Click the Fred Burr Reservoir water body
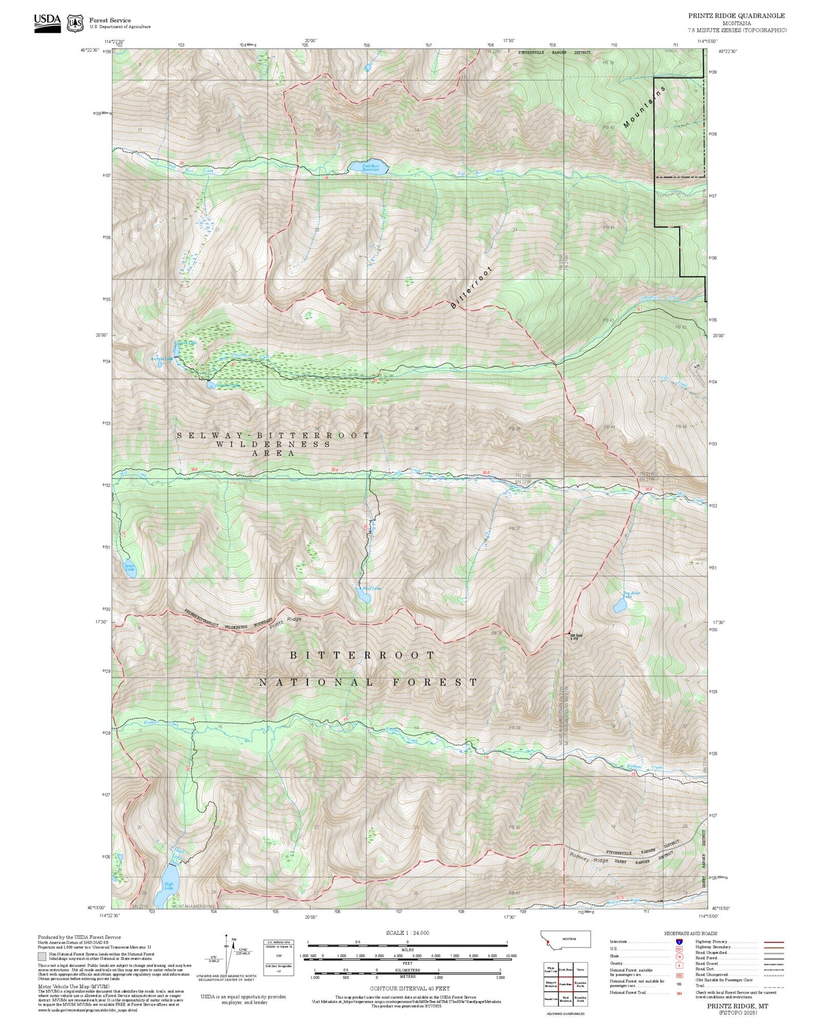pyautogui.click(x=368, y=166)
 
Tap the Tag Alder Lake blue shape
pyautogui.click(x=620, y=605)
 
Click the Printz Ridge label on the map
pyautogui.click(x=285, y=622)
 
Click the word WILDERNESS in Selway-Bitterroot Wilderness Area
pyautogui.click(x=273, y=444)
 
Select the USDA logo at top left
pyautogui.click(x=47, y=23)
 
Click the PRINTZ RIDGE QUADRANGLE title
pyautogui.click(x=737, y=16)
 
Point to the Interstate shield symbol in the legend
pyautogui.click(x=679, y=941)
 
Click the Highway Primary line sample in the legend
pyautogui.click(x=773, y=942)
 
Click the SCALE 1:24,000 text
pyautogui.click(x=407, y=933)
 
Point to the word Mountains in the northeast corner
pyautogui.click(x=644, y=107)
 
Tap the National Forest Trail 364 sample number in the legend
pyautogui.click(x=679, y=993)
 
